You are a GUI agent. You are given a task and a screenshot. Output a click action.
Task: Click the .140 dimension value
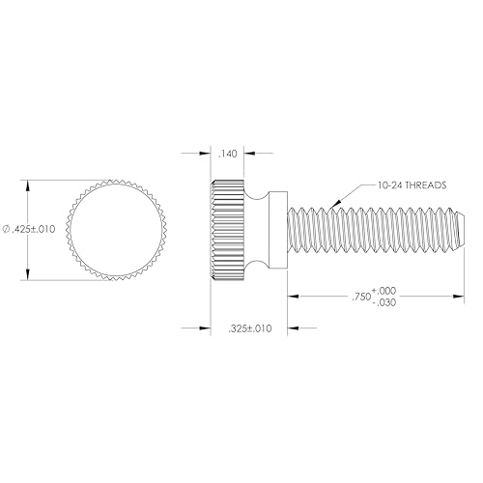click(228, 155)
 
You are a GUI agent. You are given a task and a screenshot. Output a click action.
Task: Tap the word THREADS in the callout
click(422, 187)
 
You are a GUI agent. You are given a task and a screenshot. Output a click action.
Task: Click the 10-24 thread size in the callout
click(382, 187)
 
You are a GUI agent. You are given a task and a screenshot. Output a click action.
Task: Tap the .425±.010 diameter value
click(34, 229)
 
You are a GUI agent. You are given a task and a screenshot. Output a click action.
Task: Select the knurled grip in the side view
click(226, 230)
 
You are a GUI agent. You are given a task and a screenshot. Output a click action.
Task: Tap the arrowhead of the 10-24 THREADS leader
click(328, 206)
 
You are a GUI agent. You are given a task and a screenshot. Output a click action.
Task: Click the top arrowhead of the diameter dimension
click(29, 183)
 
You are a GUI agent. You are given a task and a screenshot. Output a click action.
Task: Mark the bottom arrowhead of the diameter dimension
click(29, 276)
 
